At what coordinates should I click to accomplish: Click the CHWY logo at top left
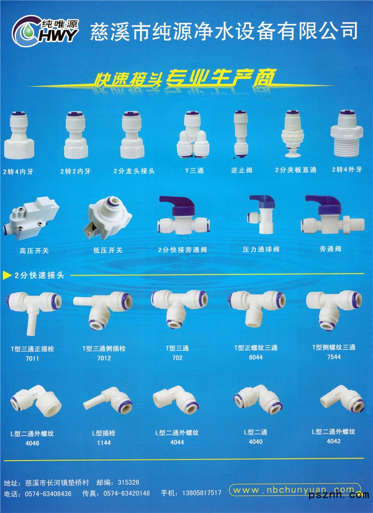[x=46, y=31]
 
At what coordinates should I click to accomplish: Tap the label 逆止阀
[x=241, y=170]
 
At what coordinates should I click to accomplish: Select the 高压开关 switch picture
[x=31, y=217]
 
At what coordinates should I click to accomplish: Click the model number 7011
[x=32, y=359]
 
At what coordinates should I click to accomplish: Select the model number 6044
[x=256, y=357]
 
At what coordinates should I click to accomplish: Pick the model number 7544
[x=334, y=357]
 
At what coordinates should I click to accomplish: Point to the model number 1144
[x=104, y=443]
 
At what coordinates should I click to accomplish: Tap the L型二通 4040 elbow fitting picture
[x=258, y=399]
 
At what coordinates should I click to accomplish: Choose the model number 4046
[x=32, y=443]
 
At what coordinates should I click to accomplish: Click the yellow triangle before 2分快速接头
[x=7, y=276]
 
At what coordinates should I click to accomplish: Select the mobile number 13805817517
[x=202, y=493]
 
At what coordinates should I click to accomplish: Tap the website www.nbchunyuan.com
[x=294, y=490]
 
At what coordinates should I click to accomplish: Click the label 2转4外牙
[x=347, y=170]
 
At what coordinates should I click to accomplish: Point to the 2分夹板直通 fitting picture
[x=293, y=134]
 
